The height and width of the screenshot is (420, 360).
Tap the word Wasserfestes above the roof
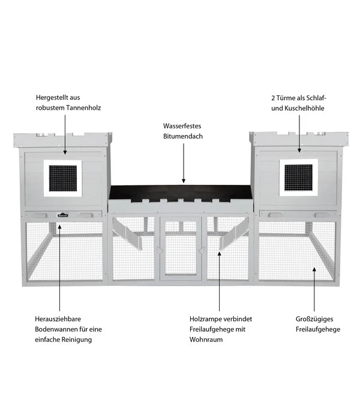[x=182, y=127]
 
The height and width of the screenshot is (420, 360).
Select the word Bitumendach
[x=182, y=137]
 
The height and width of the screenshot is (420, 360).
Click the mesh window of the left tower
[x=64, y=178]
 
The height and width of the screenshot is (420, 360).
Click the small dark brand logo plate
[x=63, y=213]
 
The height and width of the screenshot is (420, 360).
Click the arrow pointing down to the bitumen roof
[x=183, y=163]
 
